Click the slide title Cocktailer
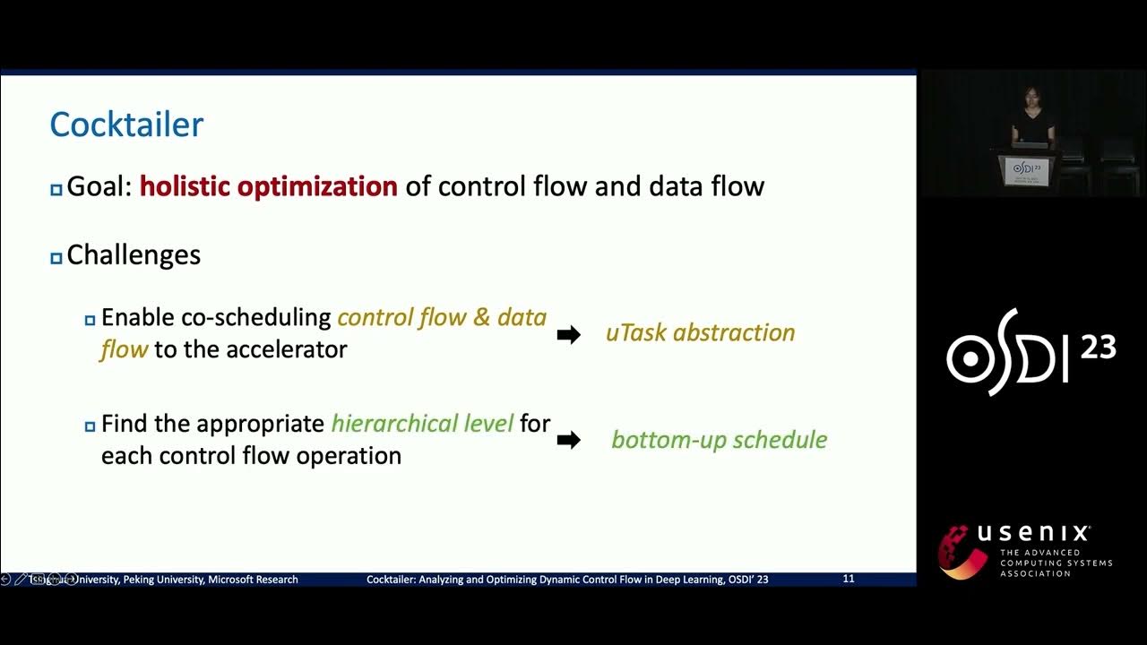(126, 125)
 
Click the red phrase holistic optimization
(268, 186)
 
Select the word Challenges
(134, 255)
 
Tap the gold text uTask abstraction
(700, 333)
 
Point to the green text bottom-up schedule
(719, 440)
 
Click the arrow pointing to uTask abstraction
(568, 335)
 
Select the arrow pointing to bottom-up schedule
(568, 440)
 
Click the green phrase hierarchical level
(422, 424)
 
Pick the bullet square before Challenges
(56, 258)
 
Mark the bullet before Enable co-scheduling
(90, 320)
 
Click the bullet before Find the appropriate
(90, 426)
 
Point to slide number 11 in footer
(848, 579)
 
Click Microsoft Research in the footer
(253, 580)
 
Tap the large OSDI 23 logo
(1031, 352)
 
